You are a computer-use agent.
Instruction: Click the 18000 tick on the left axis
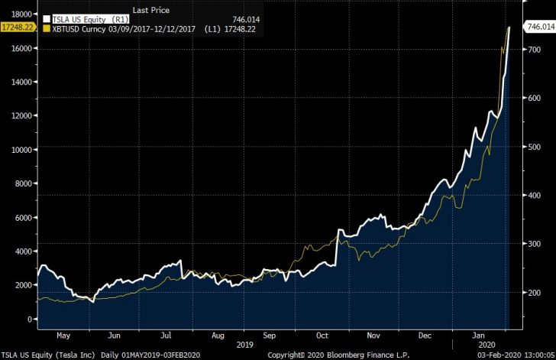[x=20, y=15]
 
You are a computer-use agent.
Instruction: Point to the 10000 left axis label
[x=20, y=150]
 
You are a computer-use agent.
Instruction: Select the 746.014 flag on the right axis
[x=539, y=26]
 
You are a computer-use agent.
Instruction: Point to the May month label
[x=63, y=336]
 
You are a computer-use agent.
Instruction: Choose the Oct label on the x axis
[x=322, y=336]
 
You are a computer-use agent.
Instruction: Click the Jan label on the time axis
[x=479, y=336]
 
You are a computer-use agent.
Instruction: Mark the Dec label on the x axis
[x=426, y=336]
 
